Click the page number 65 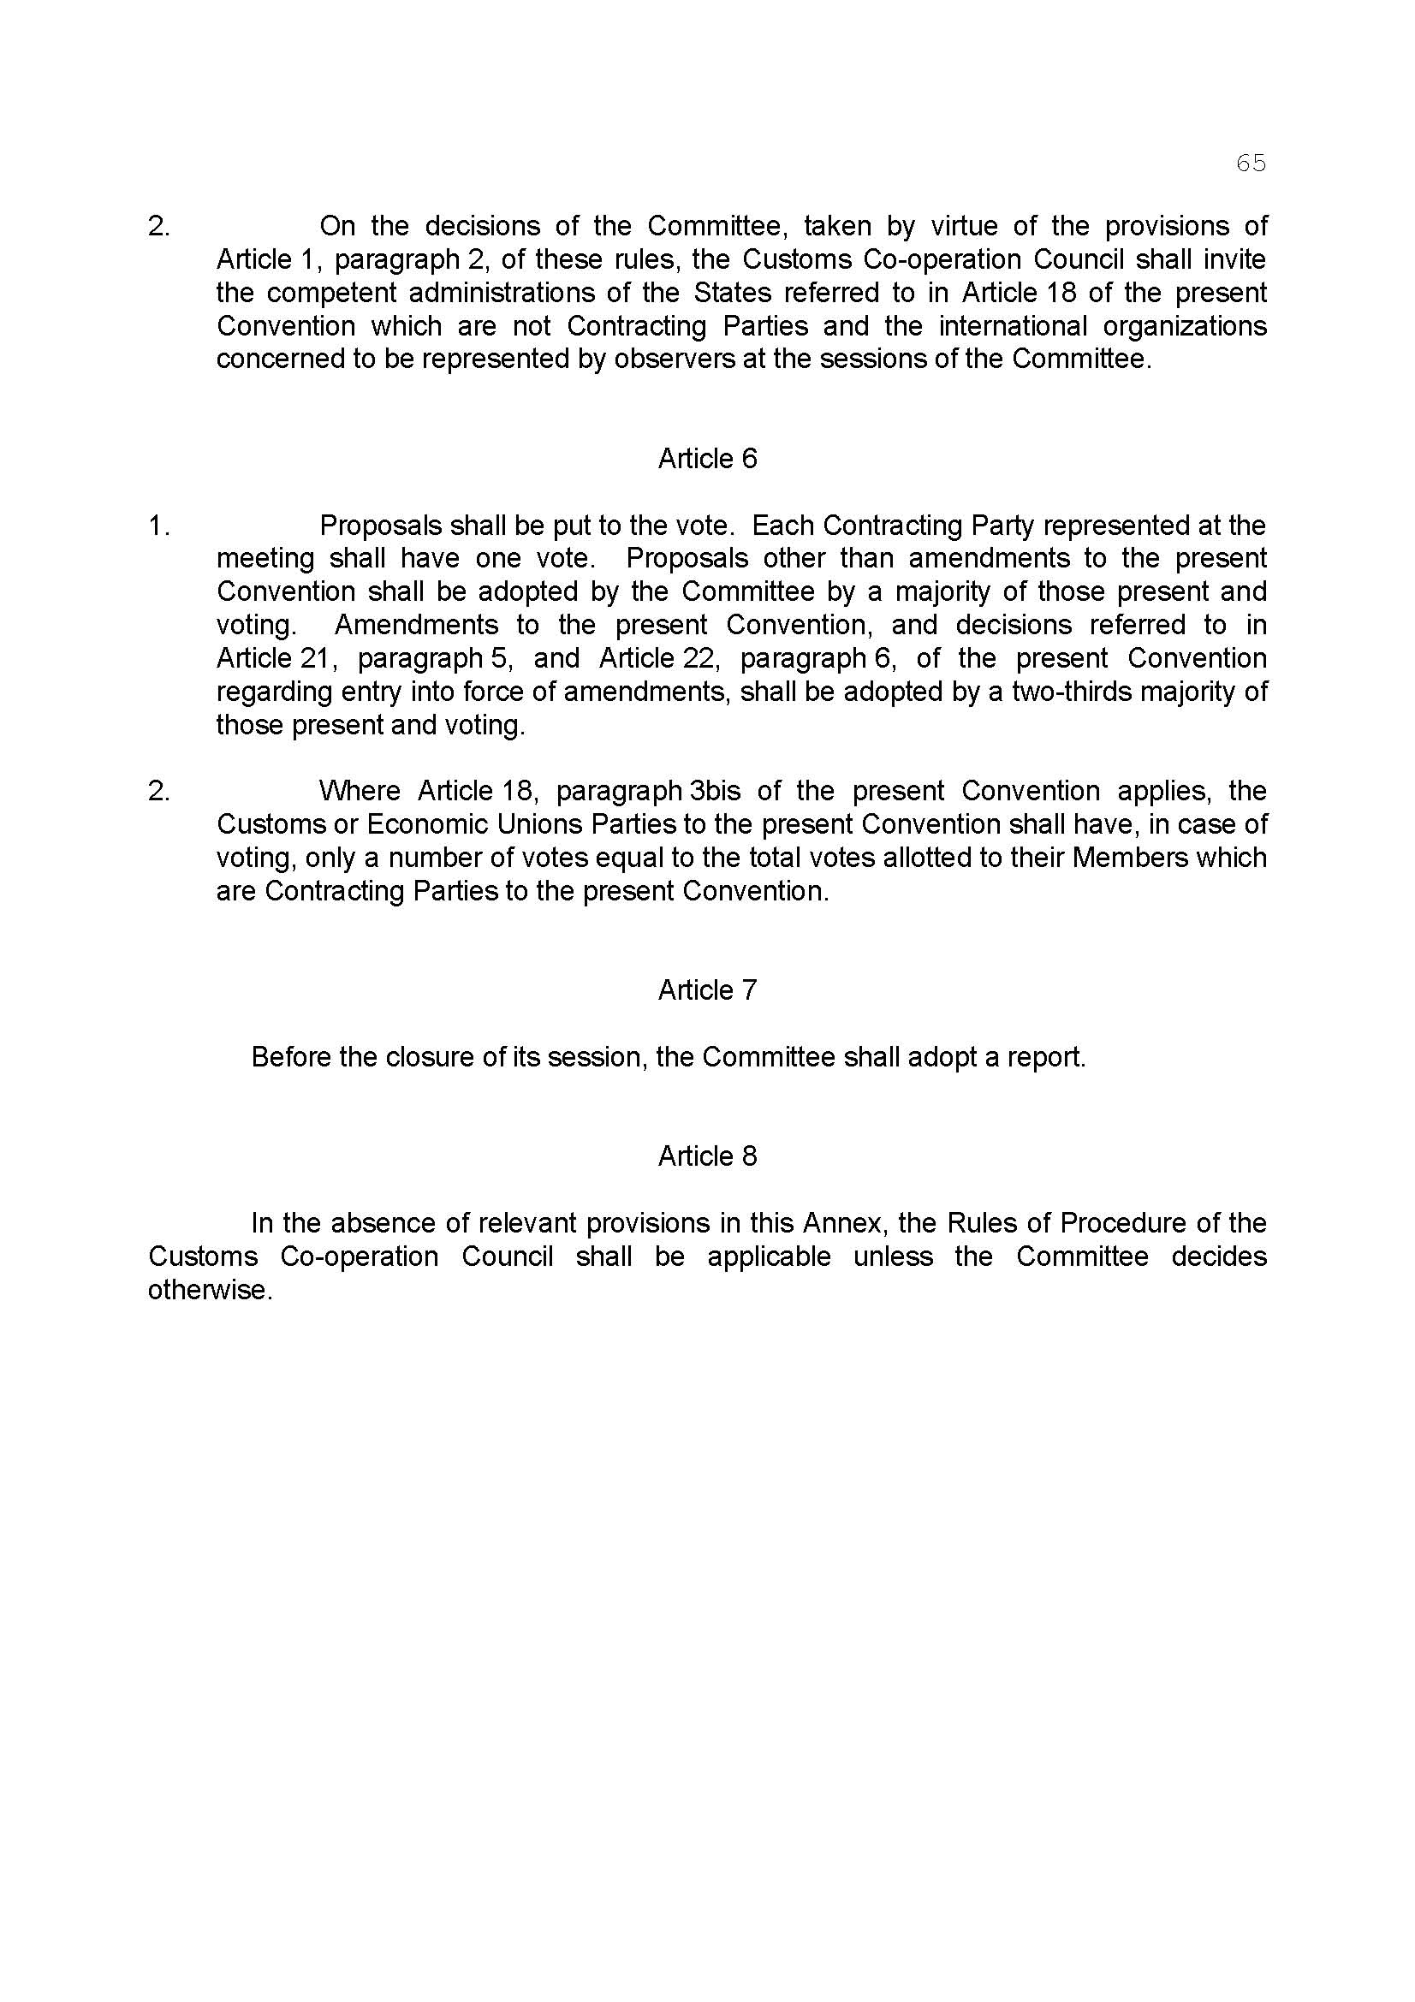tap(1251, 163)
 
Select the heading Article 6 tap(707, 459)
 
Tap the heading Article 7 tap(707, 989)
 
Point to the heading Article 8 tap(707, 1155)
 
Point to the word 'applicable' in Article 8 tap(769, 1256)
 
